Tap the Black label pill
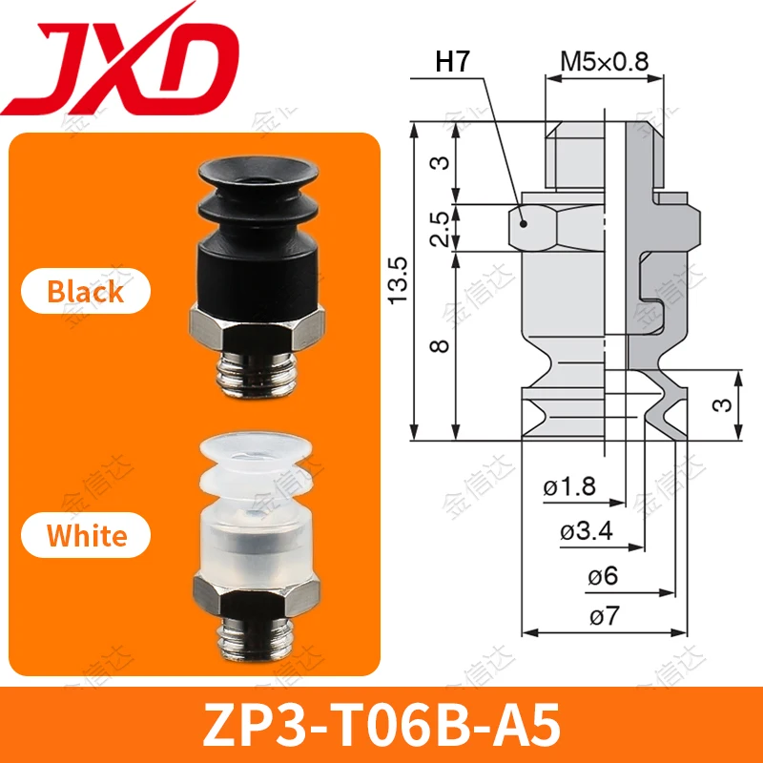click(86, 291)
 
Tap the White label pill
click(87, 535)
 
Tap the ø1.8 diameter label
click(569, 487)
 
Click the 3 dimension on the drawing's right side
click(726, 404)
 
